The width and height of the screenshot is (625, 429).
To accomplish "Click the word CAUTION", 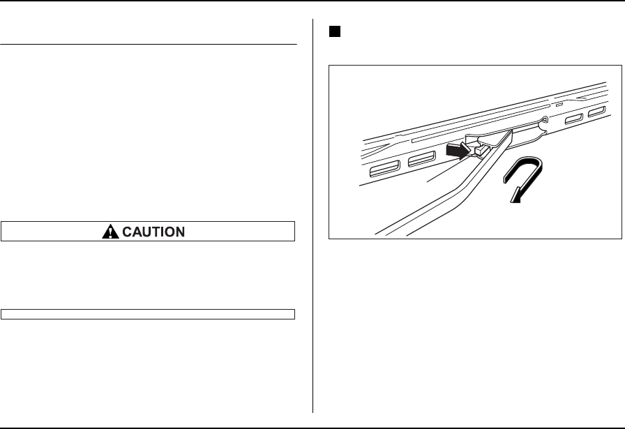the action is click(155, 232).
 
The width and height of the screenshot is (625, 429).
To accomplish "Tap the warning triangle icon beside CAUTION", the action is click(110, 232).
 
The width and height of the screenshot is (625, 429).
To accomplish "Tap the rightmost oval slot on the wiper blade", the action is click(596, 114).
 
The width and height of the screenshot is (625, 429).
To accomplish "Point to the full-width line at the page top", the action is click(312, 1).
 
